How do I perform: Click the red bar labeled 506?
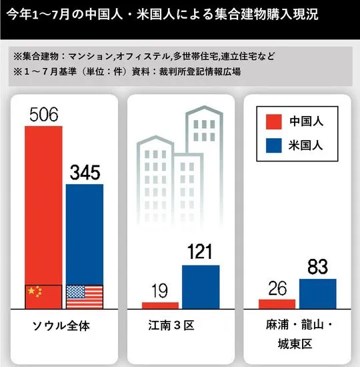tap(43, 218)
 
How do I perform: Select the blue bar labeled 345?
tap(85, 246)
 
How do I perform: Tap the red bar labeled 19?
tap(160, 306)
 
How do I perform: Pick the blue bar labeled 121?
tap(201, 287)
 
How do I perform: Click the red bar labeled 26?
tap(277, 304)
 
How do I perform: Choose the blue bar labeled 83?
tap(317, 294)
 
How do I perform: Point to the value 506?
tap(44, 115)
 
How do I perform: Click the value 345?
tap(85, 173)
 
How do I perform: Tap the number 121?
tap(200, 252)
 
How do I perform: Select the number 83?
tap(317, 267)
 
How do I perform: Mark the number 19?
tap(159, 291)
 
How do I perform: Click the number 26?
tap(277, 288)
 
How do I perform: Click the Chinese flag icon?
tap(43, 297)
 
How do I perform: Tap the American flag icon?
tap(85, 297)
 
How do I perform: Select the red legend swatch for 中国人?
tap(274, 121)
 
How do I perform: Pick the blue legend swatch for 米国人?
tap(274, 145)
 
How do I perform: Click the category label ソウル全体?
tap(61, 326)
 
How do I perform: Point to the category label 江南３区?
tap(171, 326)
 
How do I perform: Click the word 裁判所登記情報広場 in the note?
tap(200, 72)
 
